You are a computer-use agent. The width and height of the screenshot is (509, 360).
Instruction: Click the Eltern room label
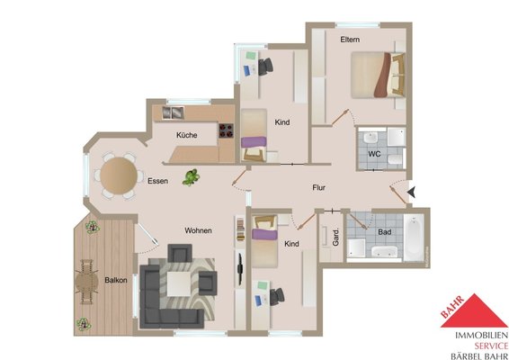tap(350, 40)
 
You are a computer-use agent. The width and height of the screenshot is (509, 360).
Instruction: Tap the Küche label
tap(187, 135)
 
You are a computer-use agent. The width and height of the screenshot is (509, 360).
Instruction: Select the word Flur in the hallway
tap(318, 187)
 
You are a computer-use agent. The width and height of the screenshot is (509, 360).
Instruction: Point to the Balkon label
tap(116, 280)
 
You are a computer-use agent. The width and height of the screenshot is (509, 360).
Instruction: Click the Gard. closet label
tap(335, 237)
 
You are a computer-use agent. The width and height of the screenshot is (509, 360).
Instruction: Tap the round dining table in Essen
tap(119, 175)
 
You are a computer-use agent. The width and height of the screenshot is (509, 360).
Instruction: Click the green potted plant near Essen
tap(191, 177)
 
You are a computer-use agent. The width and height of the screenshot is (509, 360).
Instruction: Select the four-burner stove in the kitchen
tap(227, 130)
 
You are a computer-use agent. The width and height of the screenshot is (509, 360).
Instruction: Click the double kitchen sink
tap(173, 112)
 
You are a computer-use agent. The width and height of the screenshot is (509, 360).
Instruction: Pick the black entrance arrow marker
tap(411, 192)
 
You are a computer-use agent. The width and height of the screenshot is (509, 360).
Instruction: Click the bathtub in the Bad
tap(414, 237)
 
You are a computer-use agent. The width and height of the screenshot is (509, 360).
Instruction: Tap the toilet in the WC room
tap(396, 159)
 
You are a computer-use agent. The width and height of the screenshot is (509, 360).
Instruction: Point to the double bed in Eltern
tap(378, 75)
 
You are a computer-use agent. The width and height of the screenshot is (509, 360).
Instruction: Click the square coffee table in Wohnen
tap(179, 283)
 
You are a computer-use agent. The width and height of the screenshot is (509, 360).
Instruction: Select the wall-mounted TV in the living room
tap(240, 268)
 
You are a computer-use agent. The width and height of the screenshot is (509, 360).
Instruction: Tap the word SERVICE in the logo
tap(491, 346)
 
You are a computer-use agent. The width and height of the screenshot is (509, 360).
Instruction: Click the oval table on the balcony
tap(86, 282)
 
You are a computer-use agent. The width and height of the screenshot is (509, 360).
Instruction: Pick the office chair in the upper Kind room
tap(265, 67)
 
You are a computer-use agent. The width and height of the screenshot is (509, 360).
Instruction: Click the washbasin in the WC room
tap(370, 138)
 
